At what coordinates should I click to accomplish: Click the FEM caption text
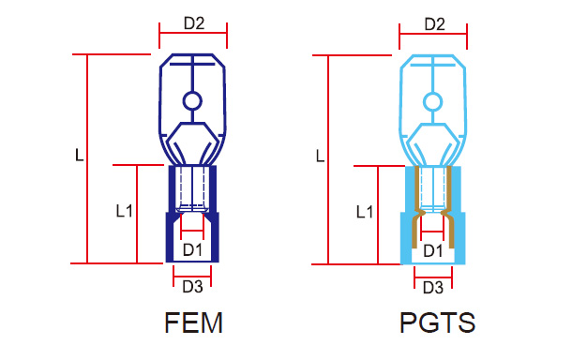click(193, 322)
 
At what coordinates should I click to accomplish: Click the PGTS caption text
click(437, 322)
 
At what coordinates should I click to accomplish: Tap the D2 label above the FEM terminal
click(194, 23)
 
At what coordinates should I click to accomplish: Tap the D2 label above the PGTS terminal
click(434, 24)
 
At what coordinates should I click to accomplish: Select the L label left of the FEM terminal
click(79, 156)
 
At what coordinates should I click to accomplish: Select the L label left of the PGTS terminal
click(320, 157)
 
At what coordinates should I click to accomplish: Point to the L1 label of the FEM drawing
click(124, 211)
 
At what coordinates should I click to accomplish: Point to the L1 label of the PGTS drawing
click(365, 212)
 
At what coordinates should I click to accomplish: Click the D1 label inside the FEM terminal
click(192, 250)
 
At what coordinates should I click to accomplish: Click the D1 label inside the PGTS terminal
click(433, 251)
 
